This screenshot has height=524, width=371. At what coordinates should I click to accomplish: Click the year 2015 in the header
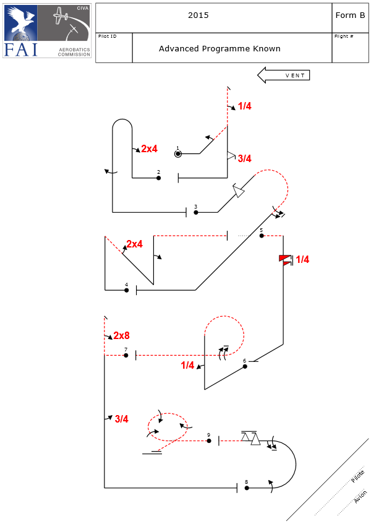pos(198,15)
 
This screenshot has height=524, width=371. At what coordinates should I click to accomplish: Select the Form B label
pos(350,15)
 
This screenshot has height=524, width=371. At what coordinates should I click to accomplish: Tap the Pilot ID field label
pos(107,37)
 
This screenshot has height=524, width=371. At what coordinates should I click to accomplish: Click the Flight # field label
pos(343,37)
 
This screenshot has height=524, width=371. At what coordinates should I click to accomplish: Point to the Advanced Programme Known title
pos(220,48)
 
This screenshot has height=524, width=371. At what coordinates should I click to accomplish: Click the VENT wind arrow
pos(283,75)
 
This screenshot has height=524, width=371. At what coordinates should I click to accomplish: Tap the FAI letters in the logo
pos(21,49)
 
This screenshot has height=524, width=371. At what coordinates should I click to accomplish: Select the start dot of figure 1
pos(177,153)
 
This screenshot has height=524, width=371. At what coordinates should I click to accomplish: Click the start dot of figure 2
pos(159,178)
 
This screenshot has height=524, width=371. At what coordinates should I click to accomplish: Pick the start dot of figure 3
pos(196,212)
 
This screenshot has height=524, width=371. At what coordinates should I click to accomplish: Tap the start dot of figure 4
pos(127,290)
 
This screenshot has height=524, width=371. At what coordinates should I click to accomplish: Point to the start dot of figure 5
pos(262,236)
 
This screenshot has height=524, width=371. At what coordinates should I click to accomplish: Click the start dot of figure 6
pos(245,366)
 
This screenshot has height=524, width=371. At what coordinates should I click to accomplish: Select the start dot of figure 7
pos(126,356)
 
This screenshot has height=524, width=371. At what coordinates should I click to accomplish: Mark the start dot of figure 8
pos(247,488)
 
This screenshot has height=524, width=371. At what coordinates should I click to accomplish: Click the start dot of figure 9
pos(209,441)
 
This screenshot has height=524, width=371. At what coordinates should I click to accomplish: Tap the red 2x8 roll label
pos(121,336)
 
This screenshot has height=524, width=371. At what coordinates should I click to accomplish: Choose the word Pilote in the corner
pos(357,477)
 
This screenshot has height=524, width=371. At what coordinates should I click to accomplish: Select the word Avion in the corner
pos(360,497)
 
